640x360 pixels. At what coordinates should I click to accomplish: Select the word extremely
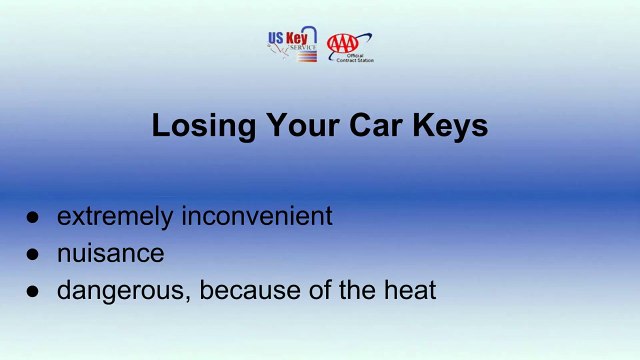point(112,216)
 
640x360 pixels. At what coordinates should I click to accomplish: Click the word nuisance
point(110,253)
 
